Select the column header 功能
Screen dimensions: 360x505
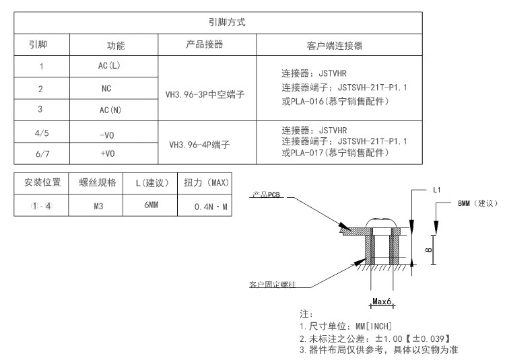click(x=116, y=46)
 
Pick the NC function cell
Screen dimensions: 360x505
click(x=106, y=88)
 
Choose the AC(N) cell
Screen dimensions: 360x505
click(x=108, y=109)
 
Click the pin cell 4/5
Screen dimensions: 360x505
click(x=41, y=133)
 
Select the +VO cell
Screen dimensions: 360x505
click(x=107, y=153)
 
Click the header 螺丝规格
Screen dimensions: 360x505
click(x=98, y=182)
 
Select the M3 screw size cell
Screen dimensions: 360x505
click(x=98, y=204)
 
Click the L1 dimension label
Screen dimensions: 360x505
click(x=436, y=190)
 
